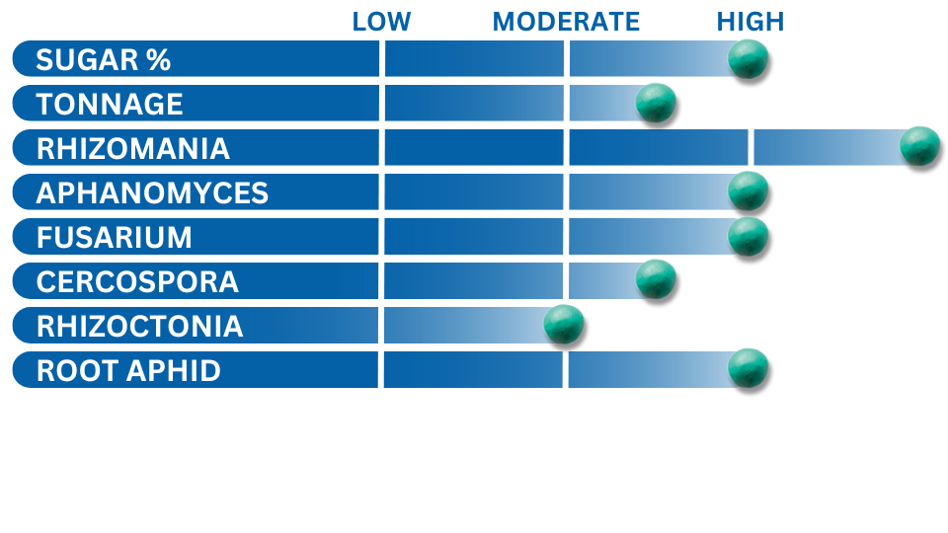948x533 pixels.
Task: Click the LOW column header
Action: [x=381, y=22]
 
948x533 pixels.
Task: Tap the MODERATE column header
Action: [x=566, y=22]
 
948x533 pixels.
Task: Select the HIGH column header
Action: [x=750, y=22]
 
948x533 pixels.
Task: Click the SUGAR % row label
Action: [x=104, y=60]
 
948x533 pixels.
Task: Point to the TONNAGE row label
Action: [x=110, y=104]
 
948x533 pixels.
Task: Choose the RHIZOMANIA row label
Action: [x=133, y=149]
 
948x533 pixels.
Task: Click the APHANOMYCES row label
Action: [x=152, y=192]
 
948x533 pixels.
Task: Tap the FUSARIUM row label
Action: [x=115, y=238]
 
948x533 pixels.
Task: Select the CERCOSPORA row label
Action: [x=137, y=281]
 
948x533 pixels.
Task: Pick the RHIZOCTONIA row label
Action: [x=139, y=327]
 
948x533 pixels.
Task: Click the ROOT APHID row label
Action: [x=128, y=370]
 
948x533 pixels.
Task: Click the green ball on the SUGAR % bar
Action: [x=748, y=59]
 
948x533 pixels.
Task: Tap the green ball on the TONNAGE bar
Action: [x=656, y=104]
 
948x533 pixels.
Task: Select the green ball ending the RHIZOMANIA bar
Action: [x=920, y=146]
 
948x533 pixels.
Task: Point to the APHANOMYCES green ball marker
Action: [x=748, y=190]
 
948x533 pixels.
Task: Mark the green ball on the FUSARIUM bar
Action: [x=748, y=236]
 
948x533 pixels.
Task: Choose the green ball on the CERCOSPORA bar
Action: [x=656, y=279]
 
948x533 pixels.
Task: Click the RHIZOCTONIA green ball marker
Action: [x=564, y=325]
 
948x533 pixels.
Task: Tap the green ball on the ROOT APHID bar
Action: [x=748, y=368]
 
